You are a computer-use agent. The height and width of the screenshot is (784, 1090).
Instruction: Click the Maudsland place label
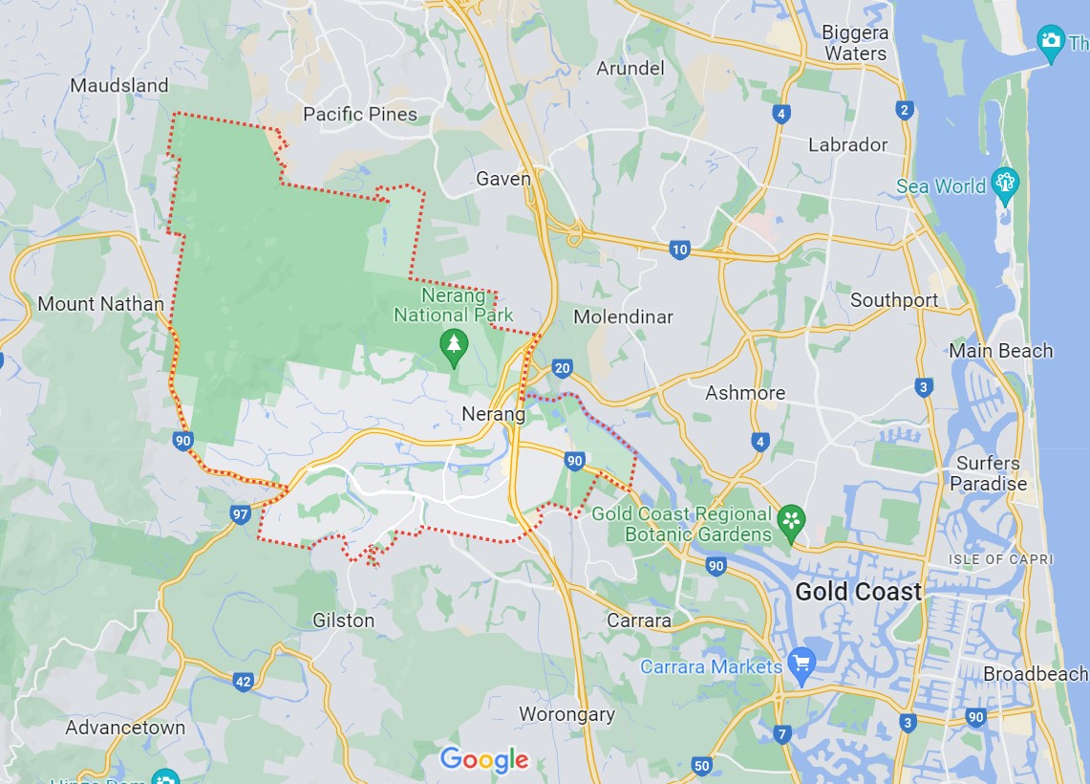click(119, 85)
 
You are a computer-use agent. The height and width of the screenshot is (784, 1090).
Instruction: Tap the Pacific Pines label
click(360, 114)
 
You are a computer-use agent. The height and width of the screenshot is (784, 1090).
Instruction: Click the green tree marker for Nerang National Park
click(454, 346)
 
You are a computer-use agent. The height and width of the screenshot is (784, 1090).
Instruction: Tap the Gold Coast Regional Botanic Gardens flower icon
click(791, 521)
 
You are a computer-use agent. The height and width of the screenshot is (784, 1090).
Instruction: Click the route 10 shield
click(679, 250)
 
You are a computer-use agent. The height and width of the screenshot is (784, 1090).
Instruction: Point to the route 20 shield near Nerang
click(563, 368)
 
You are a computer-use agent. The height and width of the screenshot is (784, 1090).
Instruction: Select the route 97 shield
click(241, 514)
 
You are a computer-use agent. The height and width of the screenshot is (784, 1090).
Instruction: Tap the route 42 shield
click(244, 682)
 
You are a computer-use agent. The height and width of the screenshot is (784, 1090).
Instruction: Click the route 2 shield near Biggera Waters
click(904, 110)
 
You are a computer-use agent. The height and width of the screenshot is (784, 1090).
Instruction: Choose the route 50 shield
click(702, 765)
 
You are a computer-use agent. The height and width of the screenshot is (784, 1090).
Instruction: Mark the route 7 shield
click(783, 734)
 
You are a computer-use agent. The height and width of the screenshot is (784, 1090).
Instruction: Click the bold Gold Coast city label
click(858, 592)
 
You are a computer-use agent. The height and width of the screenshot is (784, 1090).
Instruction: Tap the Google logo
click(484, 759)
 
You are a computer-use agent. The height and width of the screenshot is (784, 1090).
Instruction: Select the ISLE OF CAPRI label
click(1000, 558)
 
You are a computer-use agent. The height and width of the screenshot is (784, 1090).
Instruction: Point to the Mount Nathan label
click(100, 304)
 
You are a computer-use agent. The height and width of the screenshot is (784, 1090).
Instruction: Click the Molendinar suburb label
click(623, 316)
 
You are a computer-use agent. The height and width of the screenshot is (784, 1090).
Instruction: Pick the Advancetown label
click(125, 728)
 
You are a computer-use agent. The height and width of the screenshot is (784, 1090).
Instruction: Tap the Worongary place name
click(566, 714)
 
